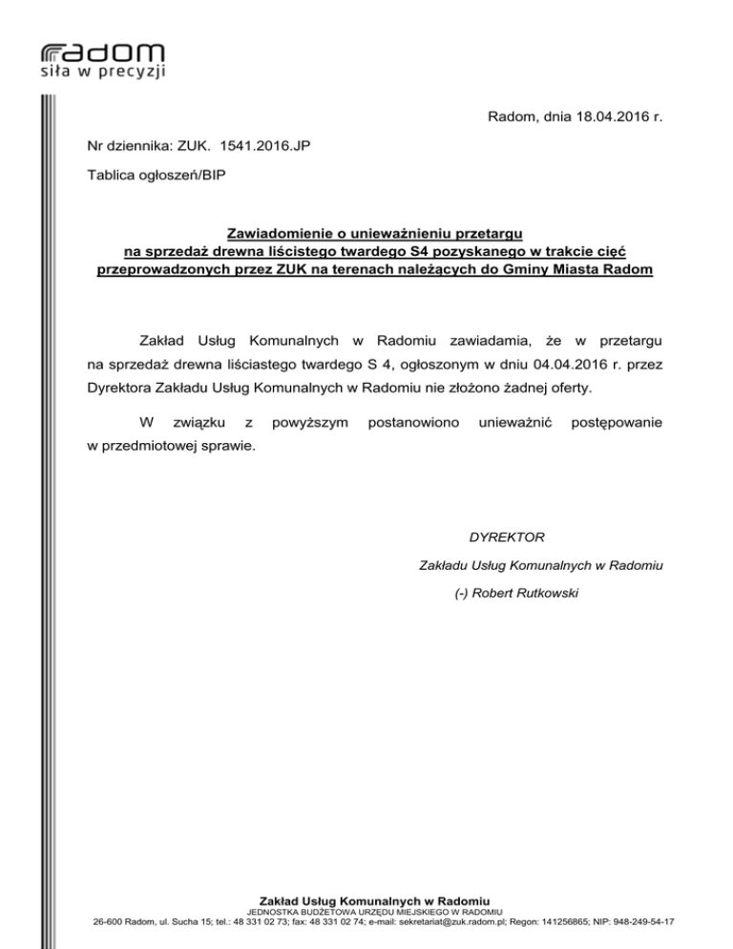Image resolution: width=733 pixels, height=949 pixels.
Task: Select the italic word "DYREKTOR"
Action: click(x=506, y=538)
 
